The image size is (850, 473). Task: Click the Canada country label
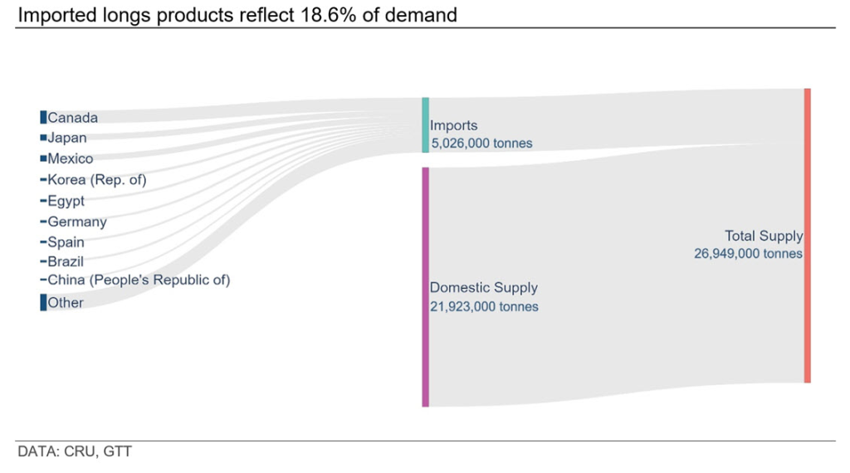tap(72, 118)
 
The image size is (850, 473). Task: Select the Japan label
tap(66, 138)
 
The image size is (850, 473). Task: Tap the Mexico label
tap(70, 158)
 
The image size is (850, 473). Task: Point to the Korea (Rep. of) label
tap(96, 179)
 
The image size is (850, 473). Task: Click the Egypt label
tap(66, 201)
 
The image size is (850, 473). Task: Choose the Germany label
tap(77, 222)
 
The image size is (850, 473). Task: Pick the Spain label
tap(66, 242)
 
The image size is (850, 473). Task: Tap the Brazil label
tap(66, 261)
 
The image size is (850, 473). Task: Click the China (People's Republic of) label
tap(139, 280)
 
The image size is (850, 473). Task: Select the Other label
tap(66, 303)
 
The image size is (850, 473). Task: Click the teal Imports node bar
tap(425, 125)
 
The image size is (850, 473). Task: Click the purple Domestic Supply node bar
tap(425, 287)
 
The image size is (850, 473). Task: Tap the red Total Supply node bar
tap(807, 236)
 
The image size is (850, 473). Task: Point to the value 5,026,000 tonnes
tap(481, 144)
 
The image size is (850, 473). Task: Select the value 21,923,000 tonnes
tap(484, 307)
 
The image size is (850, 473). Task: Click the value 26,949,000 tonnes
tap(748, 254)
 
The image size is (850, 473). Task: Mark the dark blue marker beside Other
tap(43, 303)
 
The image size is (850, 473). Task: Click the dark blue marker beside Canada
tap(43, 118)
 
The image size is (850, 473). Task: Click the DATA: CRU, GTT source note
tap(75, 452)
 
